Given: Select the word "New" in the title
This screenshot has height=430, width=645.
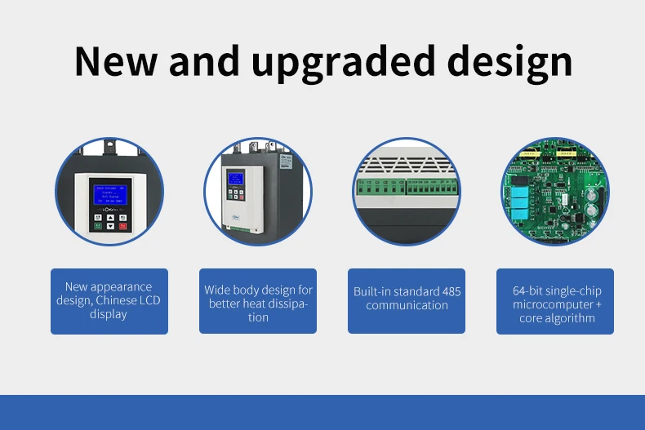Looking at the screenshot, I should click(117, 63).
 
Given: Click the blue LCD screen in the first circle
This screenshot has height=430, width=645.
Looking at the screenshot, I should click(109, 195).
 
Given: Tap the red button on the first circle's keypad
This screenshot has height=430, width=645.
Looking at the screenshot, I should click(122, 226).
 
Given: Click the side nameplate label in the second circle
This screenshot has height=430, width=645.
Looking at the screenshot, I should click(285, 163).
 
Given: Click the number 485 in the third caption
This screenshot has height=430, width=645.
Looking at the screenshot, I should click(451, 291).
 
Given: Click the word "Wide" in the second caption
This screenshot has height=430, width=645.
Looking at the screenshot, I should click(218, 290).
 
